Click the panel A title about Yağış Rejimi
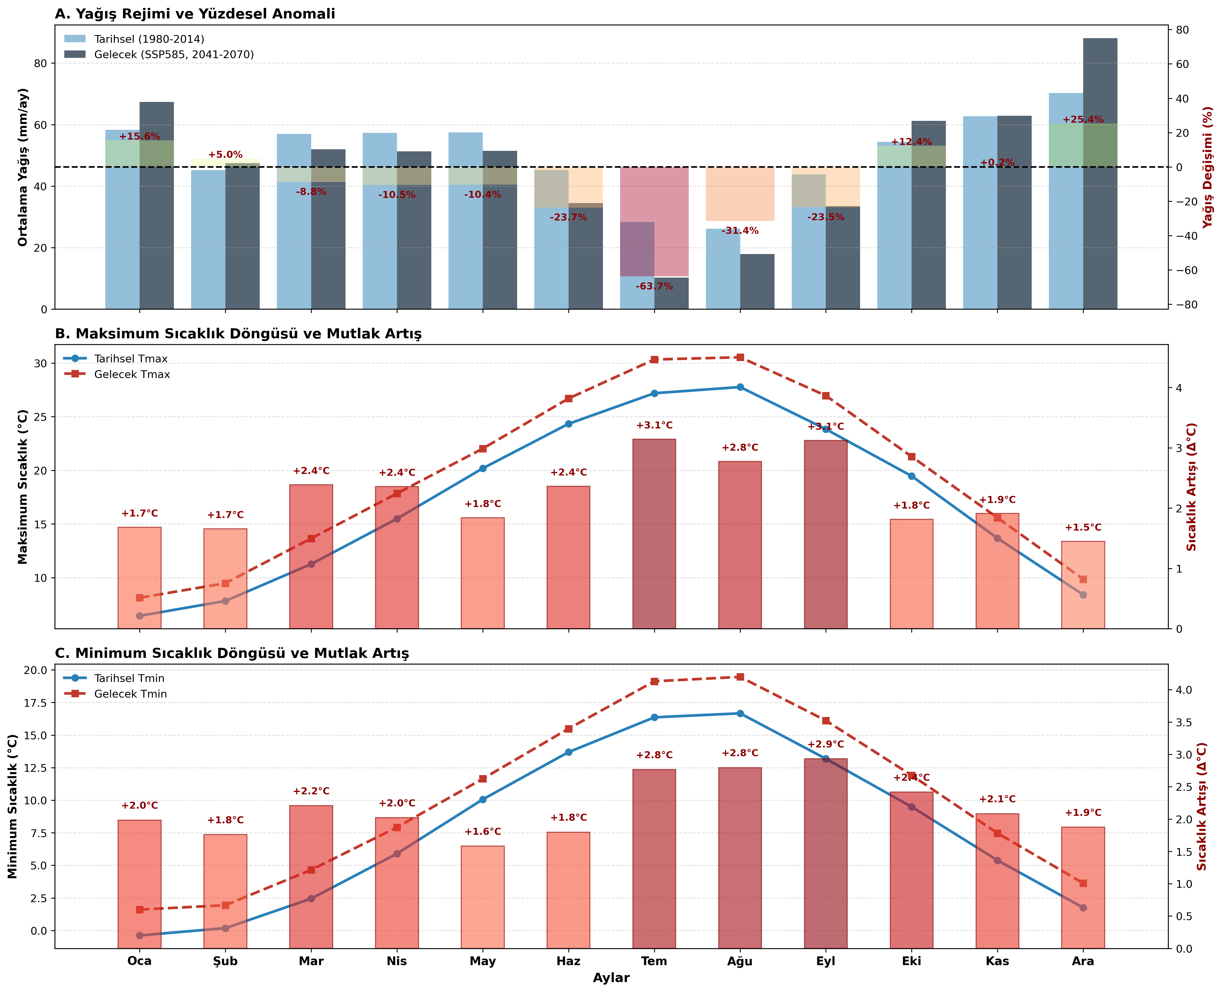pyautogui.click(x=195, y=14)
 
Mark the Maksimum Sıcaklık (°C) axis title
pyautogui.click(x=23, y=486)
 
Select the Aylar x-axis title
pyautogui.click(x=611, y=978)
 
